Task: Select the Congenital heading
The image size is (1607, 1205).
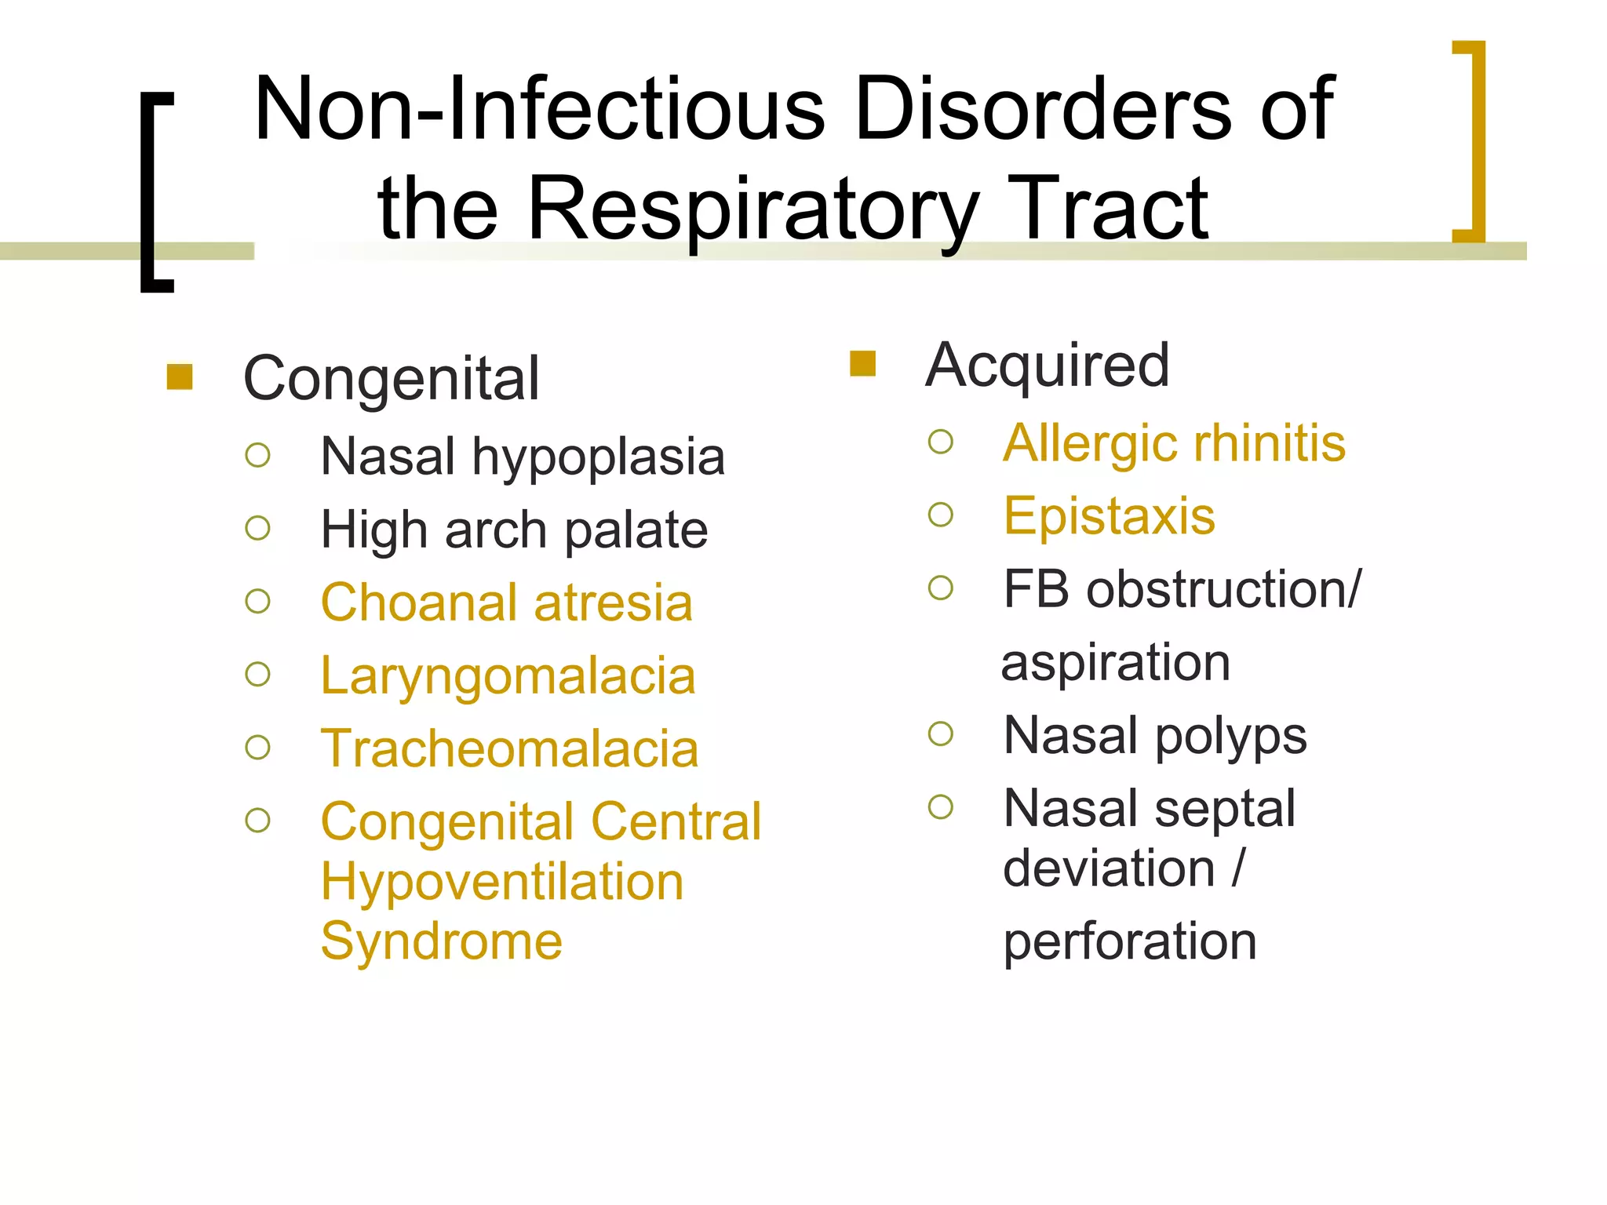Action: pyautogui.click(x=392, y=379)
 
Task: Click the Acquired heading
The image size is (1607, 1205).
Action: pyautogui.click(x=1048, y=366)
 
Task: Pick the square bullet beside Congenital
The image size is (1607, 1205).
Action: pyautogui.click(x=180, y=377)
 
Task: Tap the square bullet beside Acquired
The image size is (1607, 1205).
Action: pyautogui.click(x=862, y=364)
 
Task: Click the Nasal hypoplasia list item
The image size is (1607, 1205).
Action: pyautogui.click(x=523, y=457)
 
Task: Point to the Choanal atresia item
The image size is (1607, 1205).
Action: pyautogui.click(x=507, y=603)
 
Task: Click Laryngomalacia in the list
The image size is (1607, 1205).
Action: pyautogui.click(x=508, y=676)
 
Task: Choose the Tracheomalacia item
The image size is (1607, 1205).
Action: pyautogui.click(x=510, y=749)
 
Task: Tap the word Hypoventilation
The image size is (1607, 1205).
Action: pyautogui.click(x=502, y=882)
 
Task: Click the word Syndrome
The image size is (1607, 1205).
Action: pyautogui.click(x=442, y=941)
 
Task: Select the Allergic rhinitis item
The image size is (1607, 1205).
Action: pyautogui.click(x=1175, y=443)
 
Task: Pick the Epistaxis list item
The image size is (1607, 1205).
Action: pyautogui.click(x=1110, y=516)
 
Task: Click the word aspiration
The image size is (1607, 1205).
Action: pyautogui.click(x=1116, y=663)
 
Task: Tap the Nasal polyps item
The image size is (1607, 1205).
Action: pyautogui.click(x=1155, y=736)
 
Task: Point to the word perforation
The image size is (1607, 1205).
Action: pyautogui.click(x=1130, y=941)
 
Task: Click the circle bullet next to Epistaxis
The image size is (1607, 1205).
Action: pyautogui.click(x=940, y=515)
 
